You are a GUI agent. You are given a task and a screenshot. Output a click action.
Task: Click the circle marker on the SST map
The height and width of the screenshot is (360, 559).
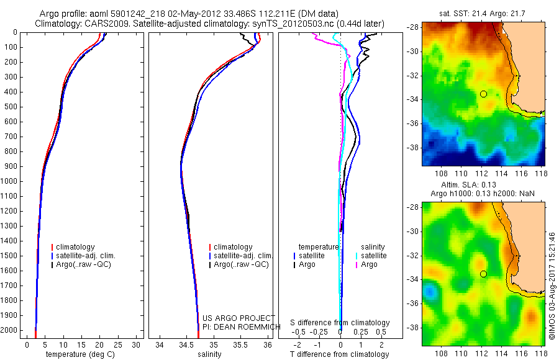[x=483, y=94]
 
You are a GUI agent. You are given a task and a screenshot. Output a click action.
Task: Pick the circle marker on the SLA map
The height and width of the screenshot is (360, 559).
[x=483, y=274]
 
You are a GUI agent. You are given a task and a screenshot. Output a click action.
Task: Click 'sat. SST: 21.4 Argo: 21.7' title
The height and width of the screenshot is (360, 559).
[x=483, y=12]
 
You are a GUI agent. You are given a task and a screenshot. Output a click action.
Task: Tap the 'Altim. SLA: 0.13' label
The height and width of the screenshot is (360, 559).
[x=483, y=186]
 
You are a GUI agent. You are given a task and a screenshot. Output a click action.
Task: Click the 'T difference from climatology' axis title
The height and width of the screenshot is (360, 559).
[x=340, y=354]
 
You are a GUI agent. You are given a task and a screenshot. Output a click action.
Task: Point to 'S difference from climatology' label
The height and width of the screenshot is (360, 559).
[x=340, y=323]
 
